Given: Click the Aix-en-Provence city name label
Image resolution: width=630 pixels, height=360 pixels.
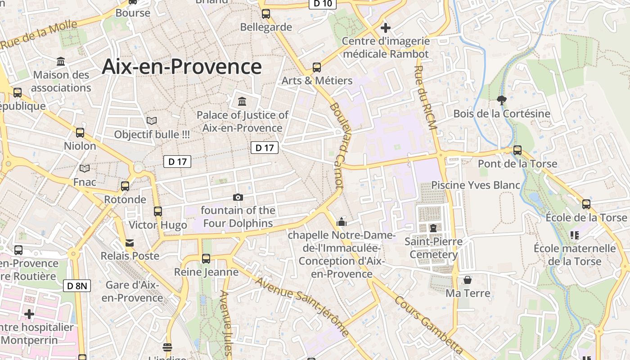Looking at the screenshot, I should (182, 67).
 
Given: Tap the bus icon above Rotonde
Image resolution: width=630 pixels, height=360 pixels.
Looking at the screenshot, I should (125, 186).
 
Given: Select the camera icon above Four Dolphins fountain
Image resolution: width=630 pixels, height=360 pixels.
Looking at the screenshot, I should (238, 197).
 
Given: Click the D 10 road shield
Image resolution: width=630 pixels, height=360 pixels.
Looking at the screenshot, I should (323, 4).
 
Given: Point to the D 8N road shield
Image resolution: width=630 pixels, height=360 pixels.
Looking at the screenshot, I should (77, 285).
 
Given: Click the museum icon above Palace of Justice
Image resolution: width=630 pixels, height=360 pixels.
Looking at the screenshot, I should (242, 101).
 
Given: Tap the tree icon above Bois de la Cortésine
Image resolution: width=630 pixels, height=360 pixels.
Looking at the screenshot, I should (501, 100).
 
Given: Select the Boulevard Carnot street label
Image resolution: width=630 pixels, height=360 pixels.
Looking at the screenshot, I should (337, 146).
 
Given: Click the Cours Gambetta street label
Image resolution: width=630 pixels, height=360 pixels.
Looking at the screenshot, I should (428, 324).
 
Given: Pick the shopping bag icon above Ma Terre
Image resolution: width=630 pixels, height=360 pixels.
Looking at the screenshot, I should (468, 280).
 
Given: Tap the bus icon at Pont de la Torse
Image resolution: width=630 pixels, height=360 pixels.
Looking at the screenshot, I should (517, 150).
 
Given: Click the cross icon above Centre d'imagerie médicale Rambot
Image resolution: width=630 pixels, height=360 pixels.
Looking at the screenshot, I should (385, 28).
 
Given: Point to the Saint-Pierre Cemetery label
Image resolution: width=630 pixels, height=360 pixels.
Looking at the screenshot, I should (433, 248).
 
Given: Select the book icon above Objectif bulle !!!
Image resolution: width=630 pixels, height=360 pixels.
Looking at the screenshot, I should (152, 121).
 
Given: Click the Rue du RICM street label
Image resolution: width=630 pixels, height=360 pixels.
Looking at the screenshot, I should (425, 98).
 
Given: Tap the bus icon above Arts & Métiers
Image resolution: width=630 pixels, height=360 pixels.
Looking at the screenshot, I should (317, 67).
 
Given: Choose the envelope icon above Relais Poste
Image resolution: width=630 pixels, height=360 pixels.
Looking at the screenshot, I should (130, 243).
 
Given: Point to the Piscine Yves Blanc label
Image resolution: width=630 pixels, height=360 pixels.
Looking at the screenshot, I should (476, 185).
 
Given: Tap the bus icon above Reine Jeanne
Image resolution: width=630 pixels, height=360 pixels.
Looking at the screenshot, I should (206, 258).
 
